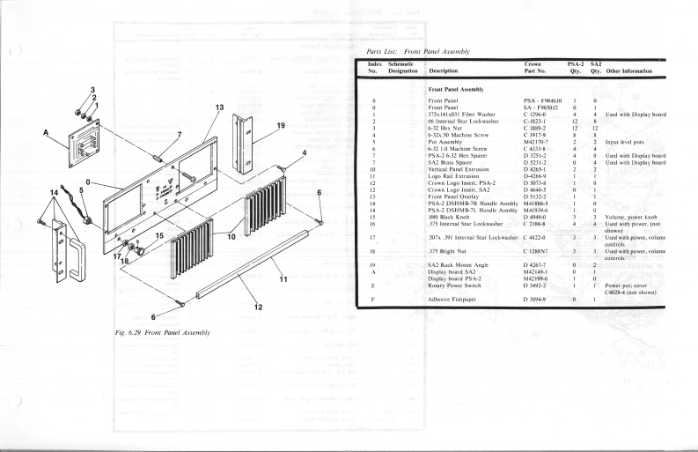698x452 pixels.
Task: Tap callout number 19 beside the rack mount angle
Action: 281,126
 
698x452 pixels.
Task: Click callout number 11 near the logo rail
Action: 283,278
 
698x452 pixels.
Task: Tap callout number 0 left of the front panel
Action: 92,183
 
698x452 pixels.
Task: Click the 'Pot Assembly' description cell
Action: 446,141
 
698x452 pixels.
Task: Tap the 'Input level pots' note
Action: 625,141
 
